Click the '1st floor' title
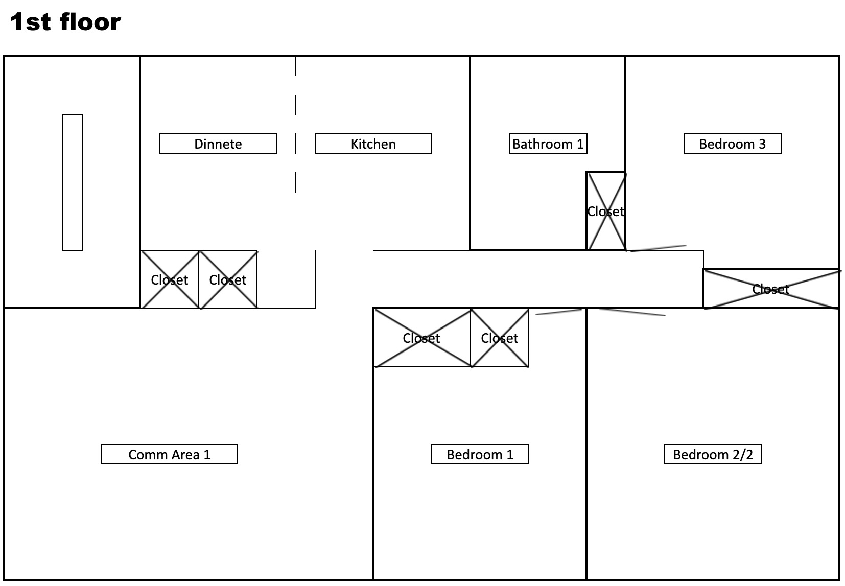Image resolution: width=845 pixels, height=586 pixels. pos(65,21)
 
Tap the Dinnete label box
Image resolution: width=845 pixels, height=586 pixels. pos(218,144)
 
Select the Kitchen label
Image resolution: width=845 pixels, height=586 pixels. pos(373,144)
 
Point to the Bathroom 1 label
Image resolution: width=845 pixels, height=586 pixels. pos(548,144)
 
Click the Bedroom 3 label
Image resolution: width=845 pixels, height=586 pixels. pos(732,144)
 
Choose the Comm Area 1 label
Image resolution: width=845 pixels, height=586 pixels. pos(170,454)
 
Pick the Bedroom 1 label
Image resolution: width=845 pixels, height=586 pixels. pos(480,454)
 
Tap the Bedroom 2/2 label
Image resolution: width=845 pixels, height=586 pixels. pos(713,454)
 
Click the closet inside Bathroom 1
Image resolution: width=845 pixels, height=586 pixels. pos(606,211)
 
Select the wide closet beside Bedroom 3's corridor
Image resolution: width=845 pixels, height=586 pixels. pos(771,289)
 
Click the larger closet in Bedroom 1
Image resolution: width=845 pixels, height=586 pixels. pos(422,338)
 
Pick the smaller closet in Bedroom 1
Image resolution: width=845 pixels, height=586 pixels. pos(500,338)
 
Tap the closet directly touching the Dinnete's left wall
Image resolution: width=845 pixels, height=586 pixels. pos(170,279)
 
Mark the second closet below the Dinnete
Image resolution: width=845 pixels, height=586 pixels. pos(228,279)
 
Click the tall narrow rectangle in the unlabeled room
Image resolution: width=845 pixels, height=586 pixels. pos(73,182)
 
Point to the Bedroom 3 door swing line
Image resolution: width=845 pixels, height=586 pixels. pos(658,248)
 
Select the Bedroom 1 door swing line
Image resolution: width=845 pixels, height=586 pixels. pos(559,312)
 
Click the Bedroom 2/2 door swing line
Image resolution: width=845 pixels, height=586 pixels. pos(632,312)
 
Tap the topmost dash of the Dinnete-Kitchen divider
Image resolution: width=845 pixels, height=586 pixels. pos(296,66)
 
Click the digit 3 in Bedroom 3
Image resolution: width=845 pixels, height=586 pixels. pos(762,144)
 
